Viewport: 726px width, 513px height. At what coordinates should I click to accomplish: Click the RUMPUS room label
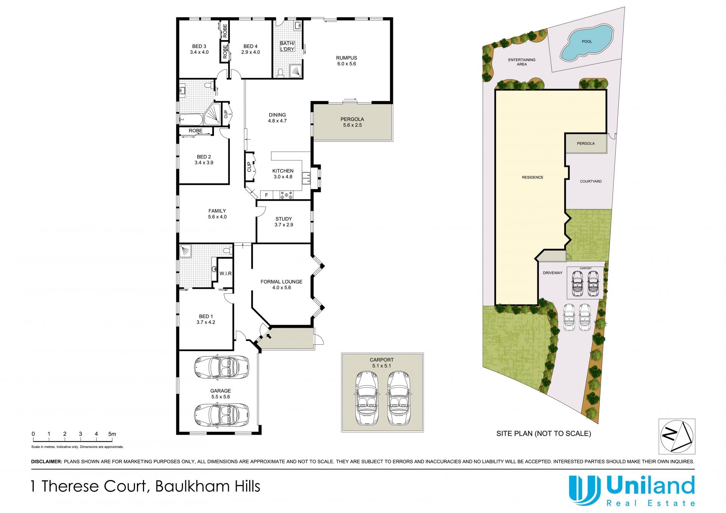click(x=346, y=58)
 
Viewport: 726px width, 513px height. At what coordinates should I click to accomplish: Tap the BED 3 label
click(x=199, y=46)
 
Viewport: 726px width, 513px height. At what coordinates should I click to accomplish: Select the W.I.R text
click(x=226, y=273)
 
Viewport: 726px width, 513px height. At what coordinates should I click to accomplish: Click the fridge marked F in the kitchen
click(x=267, y=195)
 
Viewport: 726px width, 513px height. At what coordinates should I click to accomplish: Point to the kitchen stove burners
click(x=286, y=195)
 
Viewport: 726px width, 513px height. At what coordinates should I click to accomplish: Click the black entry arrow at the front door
click(x=268, y=335)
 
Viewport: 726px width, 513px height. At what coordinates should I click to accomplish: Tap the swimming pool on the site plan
click(x=586, y=42)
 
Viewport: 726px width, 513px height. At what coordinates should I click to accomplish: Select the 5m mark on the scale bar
click(x=112, y=434)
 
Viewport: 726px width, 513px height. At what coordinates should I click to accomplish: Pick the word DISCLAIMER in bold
click(x=47, y=462)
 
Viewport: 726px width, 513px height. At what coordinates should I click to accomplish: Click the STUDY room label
click(x=284, y=219)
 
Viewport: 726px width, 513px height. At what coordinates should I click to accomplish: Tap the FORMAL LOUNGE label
click(x=281, y=282)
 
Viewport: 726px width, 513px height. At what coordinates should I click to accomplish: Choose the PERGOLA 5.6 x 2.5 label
click(x=352, y=122)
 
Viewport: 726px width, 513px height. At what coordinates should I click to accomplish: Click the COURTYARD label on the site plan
click(x=591, y=181)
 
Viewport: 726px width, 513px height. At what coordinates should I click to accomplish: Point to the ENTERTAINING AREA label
click(x=522, y=62)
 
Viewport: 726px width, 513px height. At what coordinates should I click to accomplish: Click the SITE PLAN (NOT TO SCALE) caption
click(x=544, y=434)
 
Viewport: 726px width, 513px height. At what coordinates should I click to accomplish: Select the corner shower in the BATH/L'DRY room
click(x=296, y=71)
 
